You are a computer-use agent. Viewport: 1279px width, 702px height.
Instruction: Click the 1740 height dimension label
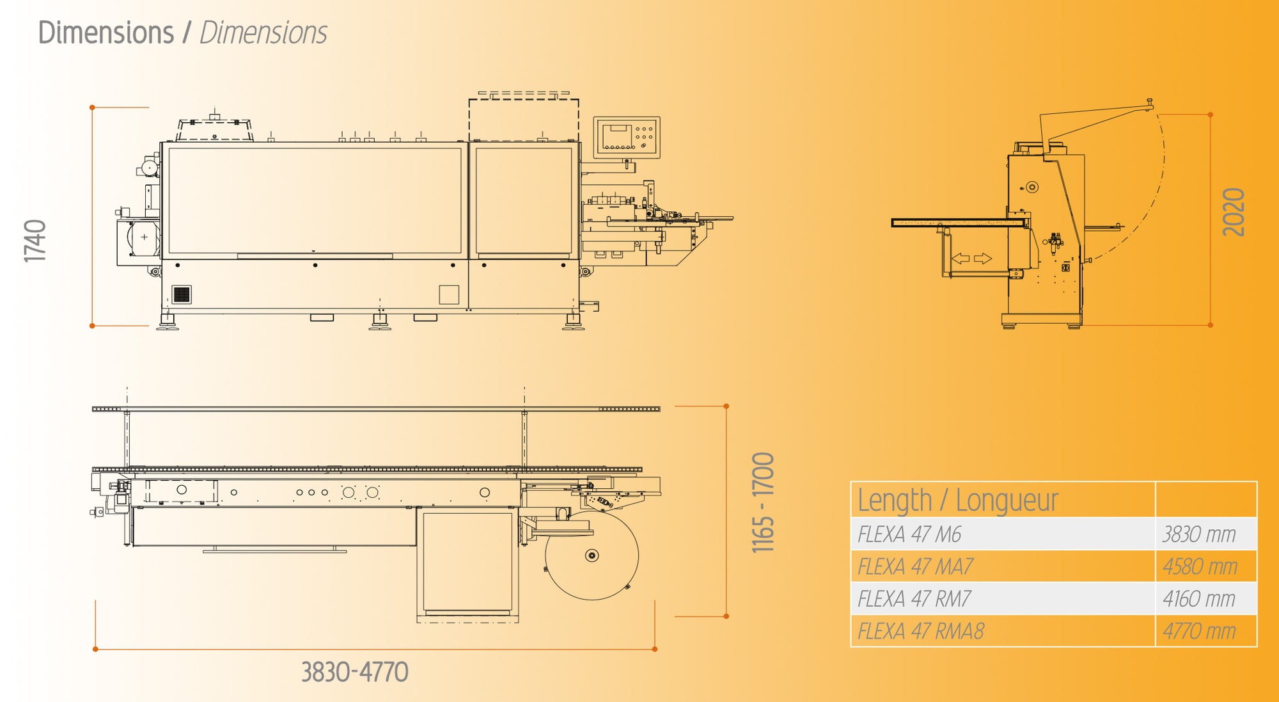click(35, 241)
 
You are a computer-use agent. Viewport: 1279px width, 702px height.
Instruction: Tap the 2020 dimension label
click(1234, 212)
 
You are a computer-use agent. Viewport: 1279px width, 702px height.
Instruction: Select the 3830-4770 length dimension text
click(355, 673)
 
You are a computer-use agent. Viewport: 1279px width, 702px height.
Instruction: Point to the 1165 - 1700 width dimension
click(763, 503)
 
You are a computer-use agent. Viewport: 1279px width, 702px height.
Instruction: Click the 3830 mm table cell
click(1199, 534)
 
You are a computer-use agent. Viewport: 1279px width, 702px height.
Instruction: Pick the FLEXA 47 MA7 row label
click(915, 567)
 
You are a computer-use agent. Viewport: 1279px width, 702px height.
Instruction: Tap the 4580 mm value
click(1200, 567)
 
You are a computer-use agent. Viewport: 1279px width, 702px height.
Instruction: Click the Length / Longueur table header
click(957, 500)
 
